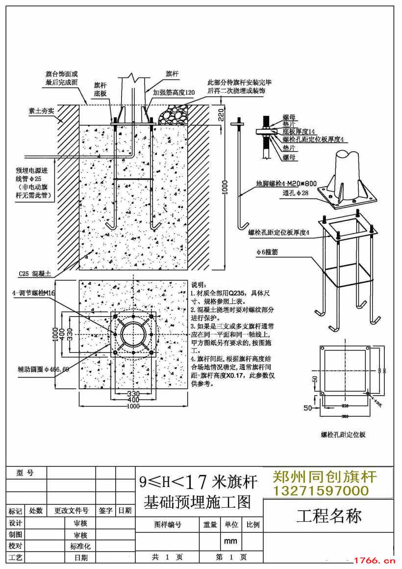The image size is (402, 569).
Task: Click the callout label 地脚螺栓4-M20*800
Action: [286, 184]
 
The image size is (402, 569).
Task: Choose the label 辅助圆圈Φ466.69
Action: [37, 369]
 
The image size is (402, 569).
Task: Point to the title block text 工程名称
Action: [329, 516]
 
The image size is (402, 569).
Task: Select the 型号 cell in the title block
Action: [25, 473]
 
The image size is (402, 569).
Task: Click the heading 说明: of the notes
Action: [199, 285]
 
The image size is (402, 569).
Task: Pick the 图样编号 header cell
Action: [168, 525]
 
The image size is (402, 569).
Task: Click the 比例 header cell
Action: [253, 525]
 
